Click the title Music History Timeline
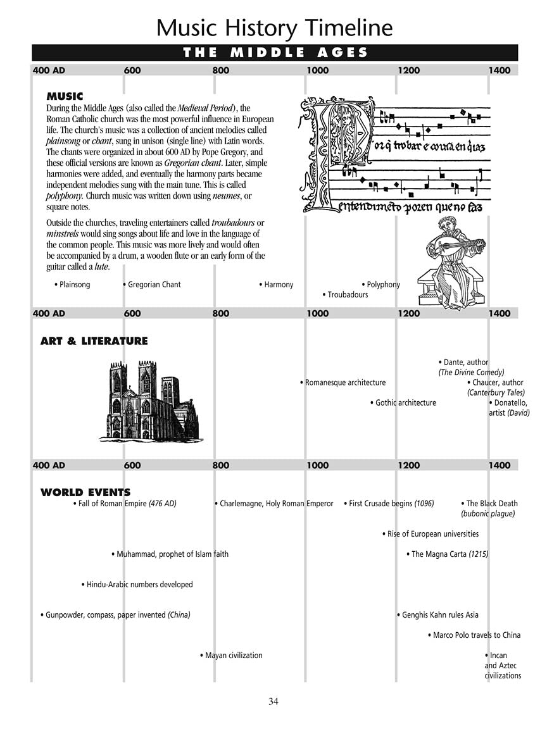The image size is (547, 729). tap(274, 28)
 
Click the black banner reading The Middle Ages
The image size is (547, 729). tap(275, 53)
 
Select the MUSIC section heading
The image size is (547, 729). tap(65, 97)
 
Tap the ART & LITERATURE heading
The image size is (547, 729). tap(94, 341)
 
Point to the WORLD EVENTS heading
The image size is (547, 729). tap(85, 492)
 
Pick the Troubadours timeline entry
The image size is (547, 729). tap(346, 295)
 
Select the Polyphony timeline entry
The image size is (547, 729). tap(382, 285)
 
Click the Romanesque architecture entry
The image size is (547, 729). tap(344, 383)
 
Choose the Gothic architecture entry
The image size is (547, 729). tap(405, 403)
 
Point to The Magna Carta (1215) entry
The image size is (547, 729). tap(448, 554)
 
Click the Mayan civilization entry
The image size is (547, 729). tap(232, 656)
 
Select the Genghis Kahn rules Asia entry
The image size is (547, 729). tap(439, 615)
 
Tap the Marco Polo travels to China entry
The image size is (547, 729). tap(475, 635)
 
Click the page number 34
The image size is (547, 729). tap(273, 701)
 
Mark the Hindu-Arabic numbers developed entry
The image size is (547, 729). tap(138, 585)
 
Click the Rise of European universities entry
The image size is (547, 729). tap(431, 534)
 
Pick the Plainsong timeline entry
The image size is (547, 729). tap(73, 285)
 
